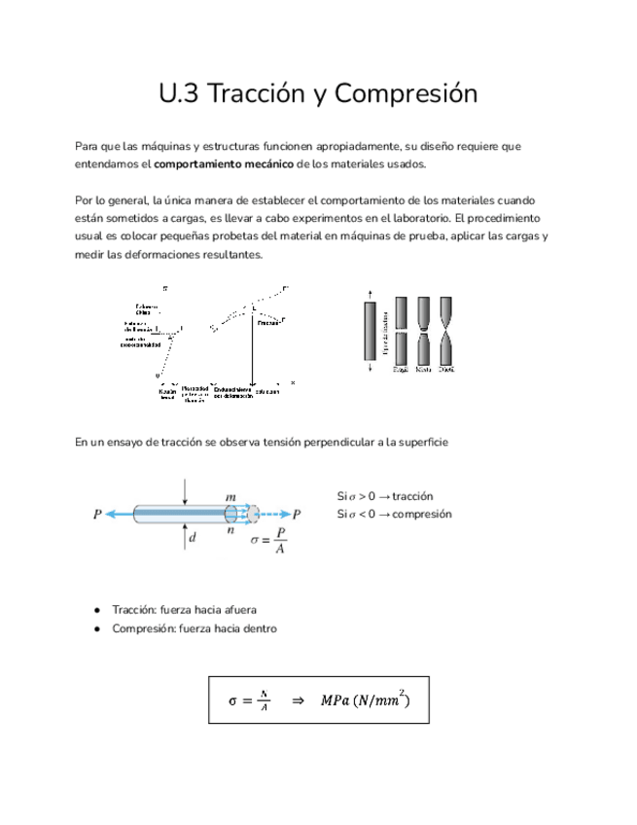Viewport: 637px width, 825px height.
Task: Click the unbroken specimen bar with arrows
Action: tap(369, 330)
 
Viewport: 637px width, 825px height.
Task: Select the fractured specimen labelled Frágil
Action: tap(401, 330)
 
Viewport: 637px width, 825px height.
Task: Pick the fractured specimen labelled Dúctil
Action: tap(446, 330)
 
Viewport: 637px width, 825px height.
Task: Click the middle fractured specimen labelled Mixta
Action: tap(424, 330)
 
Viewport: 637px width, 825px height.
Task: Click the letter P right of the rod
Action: tap(297, 515)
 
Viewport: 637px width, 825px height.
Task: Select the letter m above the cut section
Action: tap(231, 496)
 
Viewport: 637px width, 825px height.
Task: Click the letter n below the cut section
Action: tap(231, 532)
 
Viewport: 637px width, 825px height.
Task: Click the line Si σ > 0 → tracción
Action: tap(385, 495)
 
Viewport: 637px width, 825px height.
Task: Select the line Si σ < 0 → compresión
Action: tap(394, 514)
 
